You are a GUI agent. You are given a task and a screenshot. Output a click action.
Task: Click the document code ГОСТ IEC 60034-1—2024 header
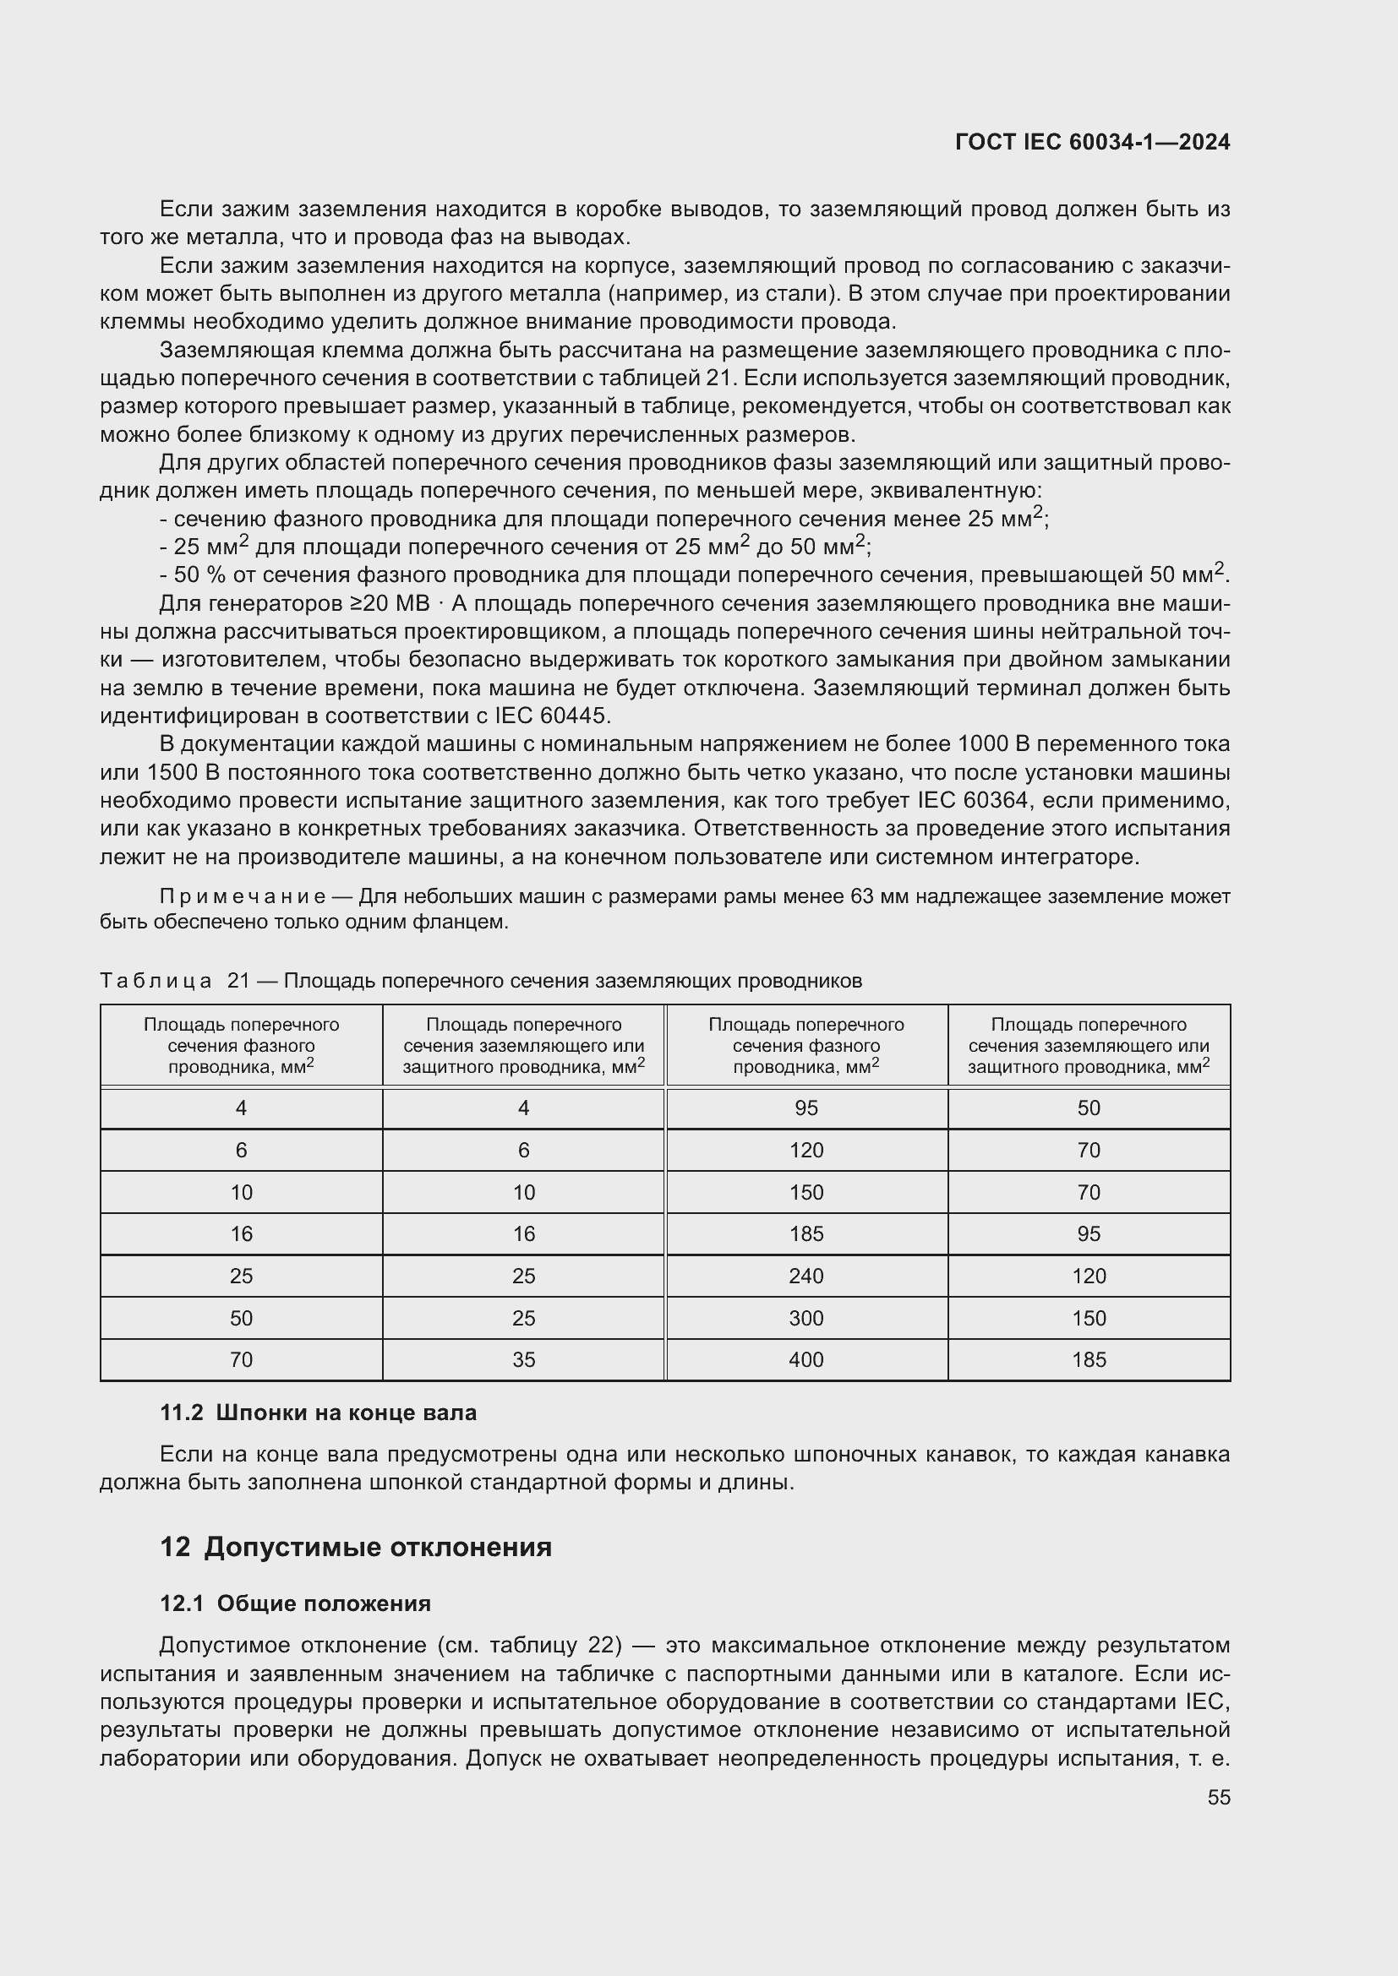click(1091, 142)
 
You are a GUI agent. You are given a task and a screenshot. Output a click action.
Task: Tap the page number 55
click(1218, 1797)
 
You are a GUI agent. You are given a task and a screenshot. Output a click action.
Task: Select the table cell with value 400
click(805, 1360)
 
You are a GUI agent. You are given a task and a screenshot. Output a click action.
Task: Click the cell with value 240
click(805, 1277)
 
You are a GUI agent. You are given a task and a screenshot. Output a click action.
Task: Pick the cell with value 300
click(805, 1319)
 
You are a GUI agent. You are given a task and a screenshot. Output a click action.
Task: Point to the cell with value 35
click(523, 1360)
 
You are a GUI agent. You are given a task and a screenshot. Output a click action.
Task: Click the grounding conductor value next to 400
click(1088, 1360)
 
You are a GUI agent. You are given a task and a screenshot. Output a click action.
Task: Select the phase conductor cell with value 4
click(241, 1108)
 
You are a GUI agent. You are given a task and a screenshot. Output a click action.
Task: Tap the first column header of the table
click(241, 1045)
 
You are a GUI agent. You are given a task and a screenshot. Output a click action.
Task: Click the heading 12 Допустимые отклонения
click(356, 1547)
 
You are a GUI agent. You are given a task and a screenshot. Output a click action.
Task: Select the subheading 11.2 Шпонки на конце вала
click(318, 1413)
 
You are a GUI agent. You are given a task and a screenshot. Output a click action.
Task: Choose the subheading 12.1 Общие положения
click(295, 1603)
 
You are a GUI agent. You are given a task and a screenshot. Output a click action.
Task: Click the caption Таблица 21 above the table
click(480, 980)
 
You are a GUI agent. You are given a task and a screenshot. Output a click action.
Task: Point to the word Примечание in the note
click(242, 897)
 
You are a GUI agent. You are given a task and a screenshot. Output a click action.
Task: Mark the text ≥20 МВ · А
click(397, 604)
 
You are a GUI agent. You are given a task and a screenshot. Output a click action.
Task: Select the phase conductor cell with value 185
click(805, 1234)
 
